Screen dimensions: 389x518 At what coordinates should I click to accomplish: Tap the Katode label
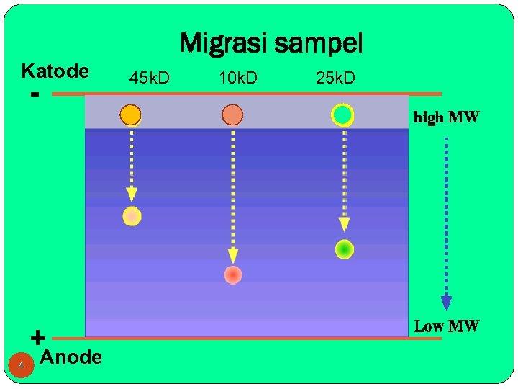pos(55,71)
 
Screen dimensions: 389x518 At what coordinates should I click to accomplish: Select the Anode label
pos(71,357)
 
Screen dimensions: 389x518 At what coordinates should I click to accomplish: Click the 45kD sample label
pos(150,78)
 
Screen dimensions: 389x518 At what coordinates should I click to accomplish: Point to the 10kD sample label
pos(238,78)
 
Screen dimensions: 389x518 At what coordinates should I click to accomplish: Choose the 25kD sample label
pos(335,78)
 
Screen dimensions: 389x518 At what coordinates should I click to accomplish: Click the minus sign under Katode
pos(35,94)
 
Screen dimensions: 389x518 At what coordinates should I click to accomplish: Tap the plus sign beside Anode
pos(37,336)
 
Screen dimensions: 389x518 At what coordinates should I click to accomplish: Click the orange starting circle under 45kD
pos(130,115)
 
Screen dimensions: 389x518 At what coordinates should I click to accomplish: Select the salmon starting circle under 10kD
pos(232,115)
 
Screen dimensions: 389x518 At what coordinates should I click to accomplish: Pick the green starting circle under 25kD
pos(342,115)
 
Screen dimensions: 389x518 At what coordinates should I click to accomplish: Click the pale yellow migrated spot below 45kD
pos(132,216)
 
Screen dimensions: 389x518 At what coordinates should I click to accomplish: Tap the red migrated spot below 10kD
pos(232,274)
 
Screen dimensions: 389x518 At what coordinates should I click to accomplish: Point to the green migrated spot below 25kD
pos(345,249)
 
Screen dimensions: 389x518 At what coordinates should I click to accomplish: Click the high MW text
pos(446,117)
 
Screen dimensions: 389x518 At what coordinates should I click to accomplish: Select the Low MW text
pos(446,326)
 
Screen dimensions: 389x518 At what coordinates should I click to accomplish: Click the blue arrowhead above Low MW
pos(446,302)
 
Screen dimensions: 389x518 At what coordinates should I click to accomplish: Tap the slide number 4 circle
pos(22,367)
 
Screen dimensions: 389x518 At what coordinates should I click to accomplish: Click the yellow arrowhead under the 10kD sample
pos(232,255)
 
